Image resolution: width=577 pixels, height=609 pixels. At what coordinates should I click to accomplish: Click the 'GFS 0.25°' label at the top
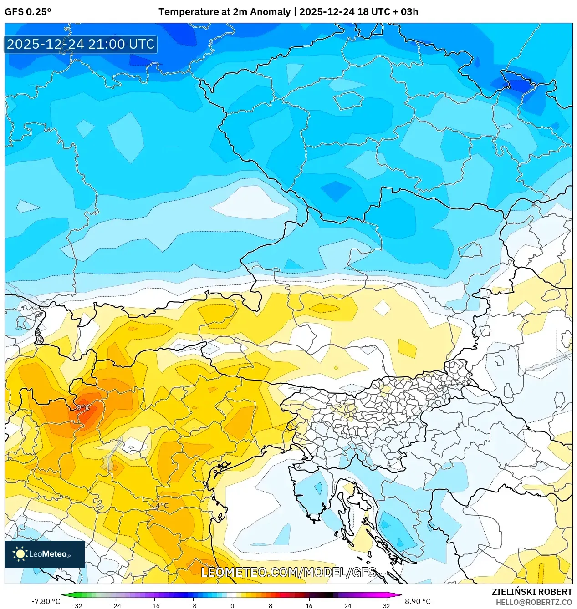coord(28,12)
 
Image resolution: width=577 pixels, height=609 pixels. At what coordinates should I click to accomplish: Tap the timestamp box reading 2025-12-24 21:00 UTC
coord(81,44)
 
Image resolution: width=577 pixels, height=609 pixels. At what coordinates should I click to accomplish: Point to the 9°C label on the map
coord(83,407)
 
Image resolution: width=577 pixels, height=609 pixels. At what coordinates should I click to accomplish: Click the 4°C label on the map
coord(162,506)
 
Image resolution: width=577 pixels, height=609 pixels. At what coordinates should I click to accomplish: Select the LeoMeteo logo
coord(45,554)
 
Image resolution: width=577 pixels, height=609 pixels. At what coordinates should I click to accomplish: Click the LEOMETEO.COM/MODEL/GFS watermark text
coord(289,572)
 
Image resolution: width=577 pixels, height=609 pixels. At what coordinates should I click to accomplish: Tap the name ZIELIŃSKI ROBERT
coord(531,592)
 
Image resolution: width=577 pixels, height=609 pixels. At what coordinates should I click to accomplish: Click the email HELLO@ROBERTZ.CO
coord(534,602)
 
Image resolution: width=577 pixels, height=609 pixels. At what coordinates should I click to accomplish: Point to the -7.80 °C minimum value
coord(46,601)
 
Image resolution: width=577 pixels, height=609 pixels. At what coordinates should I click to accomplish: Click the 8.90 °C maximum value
coord(418,601)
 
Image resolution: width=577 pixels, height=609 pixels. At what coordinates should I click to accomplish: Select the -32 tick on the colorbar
coord(77,606)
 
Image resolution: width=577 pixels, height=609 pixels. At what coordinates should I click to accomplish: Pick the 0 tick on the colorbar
coord(232,606)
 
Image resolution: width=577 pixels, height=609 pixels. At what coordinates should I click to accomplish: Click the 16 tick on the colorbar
coord(309,606)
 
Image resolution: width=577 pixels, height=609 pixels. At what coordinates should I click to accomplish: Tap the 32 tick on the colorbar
coord(386,606)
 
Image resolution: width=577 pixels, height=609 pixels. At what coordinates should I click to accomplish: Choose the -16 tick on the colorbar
coord(154,606)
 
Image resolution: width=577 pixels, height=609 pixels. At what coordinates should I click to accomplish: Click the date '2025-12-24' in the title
coord(327,12)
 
